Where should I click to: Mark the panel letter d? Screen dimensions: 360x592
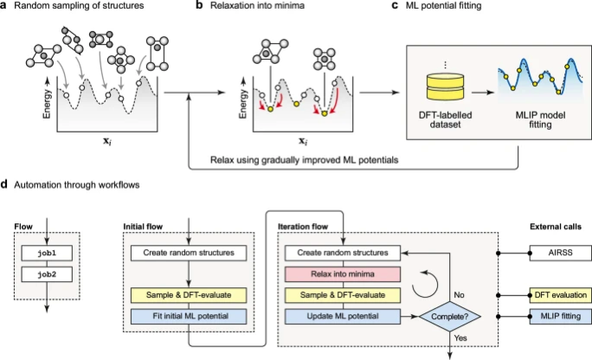(x=6, y=183)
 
